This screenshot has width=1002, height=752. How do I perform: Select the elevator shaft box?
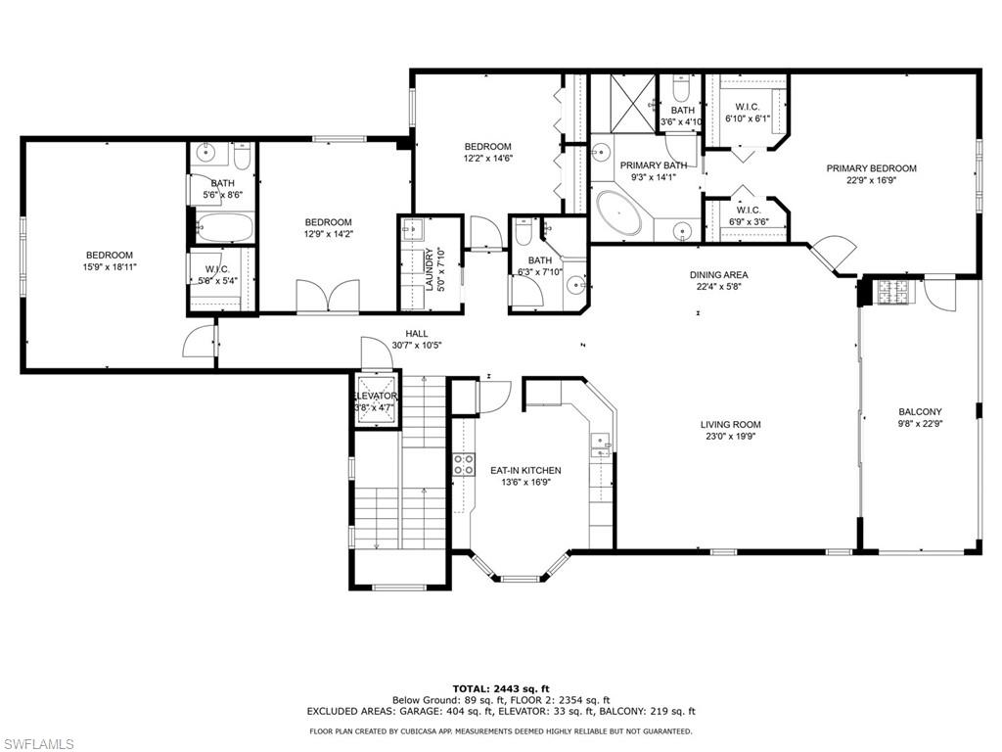click(x=377, y=399)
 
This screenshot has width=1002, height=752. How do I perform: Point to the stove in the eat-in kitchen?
click(x=462, y=465)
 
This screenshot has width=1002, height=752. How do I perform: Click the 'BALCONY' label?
click(x=920, y=411)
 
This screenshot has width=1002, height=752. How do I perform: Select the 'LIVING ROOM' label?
click(x=730, y=425)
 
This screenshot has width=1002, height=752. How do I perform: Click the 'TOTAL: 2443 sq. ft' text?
click(x=500, y=688)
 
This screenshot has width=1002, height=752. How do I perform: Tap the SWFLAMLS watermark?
click(x=37, y=744)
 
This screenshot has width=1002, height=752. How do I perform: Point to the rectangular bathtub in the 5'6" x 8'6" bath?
click(x=224, y=228)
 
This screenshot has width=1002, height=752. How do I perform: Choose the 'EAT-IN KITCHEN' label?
click(x=525, y=471)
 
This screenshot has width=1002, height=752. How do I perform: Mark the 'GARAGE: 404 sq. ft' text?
click(x=444, y=712)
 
